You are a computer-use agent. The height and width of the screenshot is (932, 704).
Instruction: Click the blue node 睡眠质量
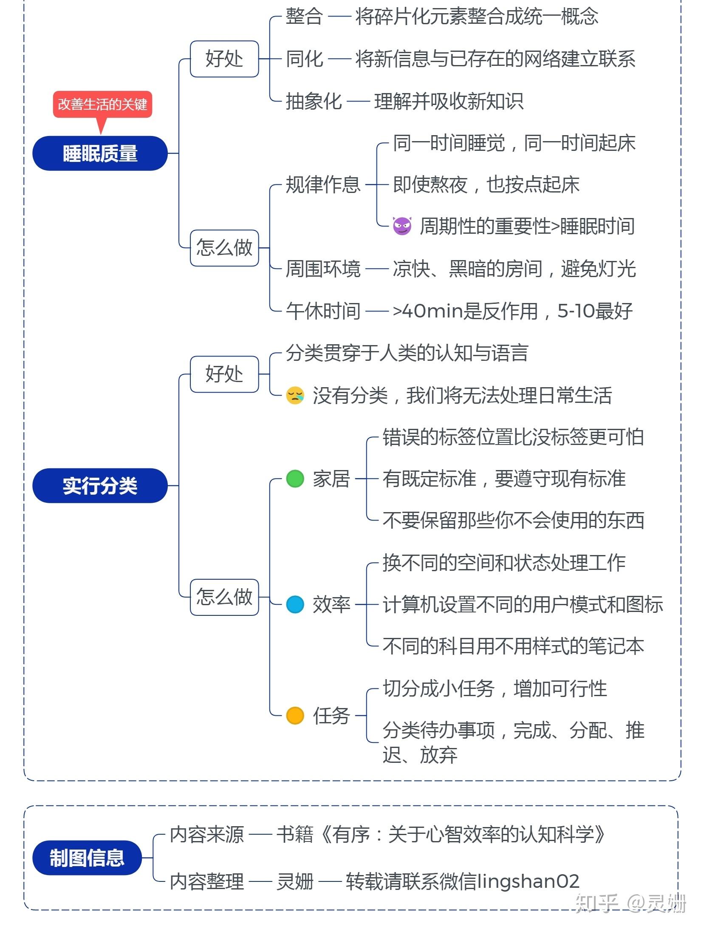click(100, 153)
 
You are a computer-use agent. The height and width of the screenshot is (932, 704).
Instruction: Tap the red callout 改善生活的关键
click(102, 104)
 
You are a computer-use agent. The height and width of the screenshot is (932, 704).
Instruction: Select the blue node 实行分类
click(100, 486)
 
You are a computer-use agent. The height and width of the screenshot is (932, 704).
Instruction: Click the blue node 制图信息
click(87, 858)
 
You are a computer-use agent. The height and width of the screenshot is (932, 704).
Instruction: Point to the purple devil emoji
click(402, 226)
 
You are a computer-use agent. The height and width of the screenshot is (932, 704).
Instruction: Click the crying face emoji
click(295, 395)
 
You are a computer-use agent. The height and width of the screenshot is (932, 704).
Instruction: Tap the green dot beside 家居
click(295, 479)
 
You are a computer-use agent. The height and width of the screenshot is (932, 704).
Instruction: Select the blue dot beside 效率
click(295, 604)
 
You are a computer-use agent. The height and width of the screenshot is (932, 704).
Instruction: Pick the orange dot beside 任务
click(295, 715)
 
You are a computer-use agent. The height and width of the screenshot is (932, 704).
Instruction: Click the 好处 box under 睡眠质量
click(224, 59)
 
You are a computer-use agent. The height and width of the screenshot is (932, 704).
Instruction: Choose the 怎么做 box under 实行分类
click(224, 597)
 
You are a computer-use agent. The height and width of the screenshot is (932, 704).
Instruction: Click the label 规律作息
click(323, 184)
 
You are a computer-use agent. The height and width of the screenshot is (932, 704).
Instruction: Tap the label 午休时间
click(323, 311)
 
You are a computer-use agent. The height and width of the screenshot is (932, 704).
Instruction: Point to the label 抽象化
click(314, 101)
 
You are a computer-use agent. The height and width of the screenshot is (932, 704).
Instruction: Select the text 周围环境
click(323, 269)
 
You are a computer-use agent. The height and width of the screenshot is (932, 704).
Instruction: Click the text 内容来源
click(207, 835)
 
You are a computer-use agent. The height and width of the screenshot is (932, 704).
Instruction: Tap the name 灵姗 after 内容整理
click(295, 881)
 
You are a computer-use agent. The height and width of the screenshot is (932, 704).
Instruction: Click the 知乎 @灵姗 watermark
click(630, 903)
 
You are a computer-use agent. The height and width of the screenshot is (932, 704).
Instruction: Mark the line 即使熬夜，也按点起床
click(486, 184)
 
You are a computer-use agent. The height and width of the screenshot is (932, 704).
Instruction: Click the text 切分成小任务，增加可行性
click(495, 688)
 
